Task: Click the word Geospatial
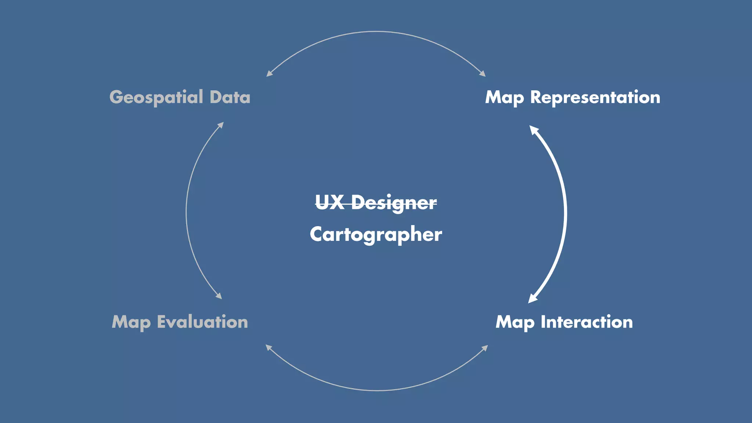point(156,98)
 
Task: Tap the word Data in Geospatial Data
point(230,97)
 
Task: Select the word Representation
point(595,97)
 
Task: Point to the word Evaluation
point(202,322)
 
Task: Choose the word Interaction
point(586,322)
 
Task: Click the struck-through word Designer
point(394,203)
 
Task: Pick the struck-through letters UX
point(329,202)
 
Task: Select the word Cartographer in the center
point(376,235)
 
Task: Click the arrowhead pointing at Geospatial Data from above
point(269,74)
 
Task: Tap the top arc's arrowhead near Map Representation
point(483,74)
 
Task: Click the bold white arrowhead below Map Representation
point(534,130)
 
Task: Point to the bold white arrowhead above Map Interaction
point(532,299)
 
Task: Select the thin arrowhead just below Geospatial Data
point(221,125)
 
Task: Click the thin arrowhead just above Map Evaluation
point(219,296)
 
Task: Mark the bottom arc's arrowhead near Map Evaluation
point(268,347)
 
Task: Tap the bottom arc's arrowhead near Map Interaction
point(485,347)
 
